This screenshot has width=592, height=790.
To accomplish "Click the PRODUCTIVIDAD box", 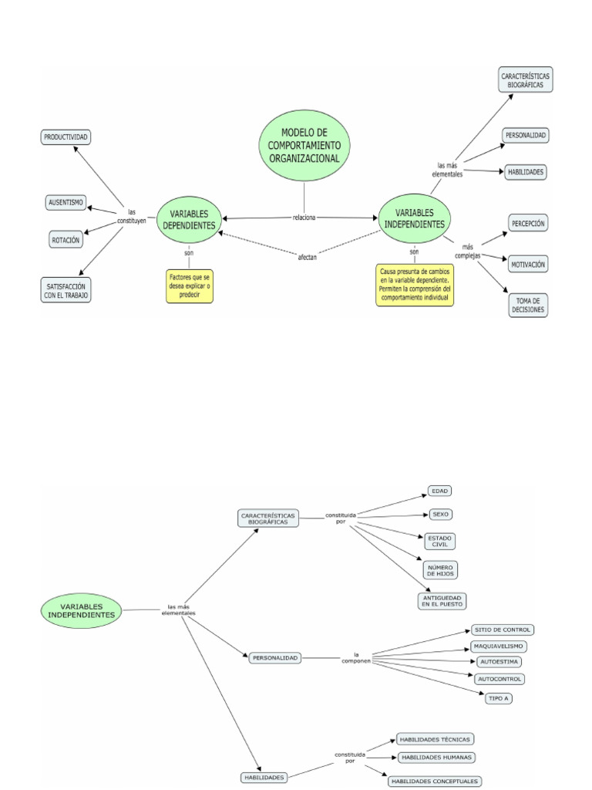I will (66, 137).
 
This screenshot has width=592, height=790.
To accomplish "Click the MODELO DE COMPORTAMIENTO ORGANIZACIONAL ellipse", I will (304, 145).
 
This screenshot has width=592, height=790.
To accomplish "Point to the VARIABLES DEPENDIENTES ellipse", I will (189, 218).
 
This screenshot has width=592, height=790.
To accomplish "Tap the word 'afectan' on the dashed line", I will (307, 256).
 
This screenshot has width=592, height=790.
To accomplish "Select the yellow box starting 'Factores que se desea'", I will (189, 285).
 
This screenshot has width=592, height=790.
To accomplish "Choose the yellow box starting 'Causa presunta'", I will (415, 285).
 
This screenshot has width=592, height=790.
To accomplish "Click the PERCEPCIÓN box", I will (527, 224).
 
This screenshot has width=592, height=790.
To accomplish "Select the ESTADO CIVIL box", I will (440, 541).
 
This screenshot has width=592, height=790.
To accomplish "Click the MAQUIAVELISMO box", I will (499, 646).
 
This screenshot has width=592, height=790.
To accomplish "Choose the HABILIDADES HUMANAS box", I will (436, 757).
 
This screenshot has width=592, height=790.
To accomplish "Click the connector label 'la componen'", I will (357, 658).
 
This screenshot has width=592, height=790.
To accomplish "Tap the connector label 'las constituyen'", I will (131, 217).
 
